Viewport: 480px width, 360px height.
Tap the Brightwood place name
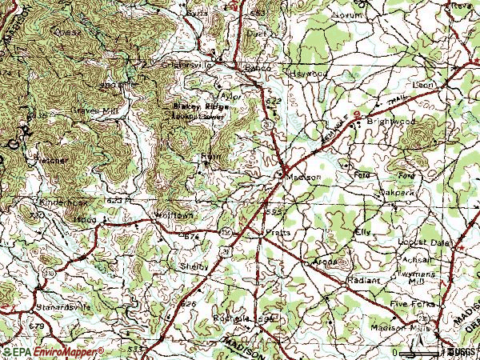click(x=387, y=120)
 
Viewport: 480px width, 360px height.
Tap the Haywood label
click(x=309, y=73)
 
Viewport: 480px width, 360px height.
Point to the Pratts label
click(x=278, y=232)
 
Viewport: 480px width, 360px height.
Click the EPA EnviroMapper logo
click(x=53, y=351)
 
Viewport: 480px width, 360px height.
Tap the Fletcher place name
click(x=50, y=160)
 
